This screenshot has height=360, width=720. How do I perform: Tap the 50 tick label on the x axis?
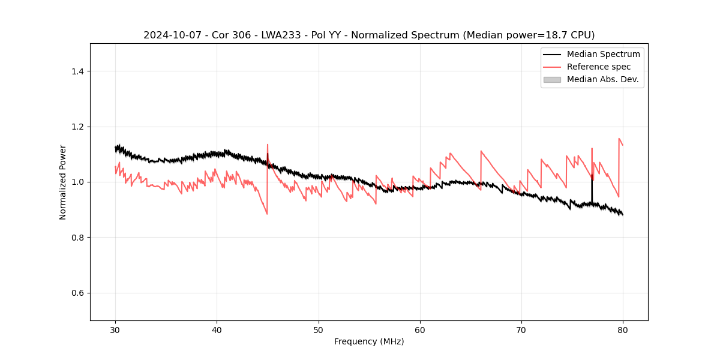pyautogui.click(x=319, y=330)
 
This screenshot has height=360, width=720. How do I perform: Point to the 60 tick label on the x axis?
pyautogui.click(x=420, y=330)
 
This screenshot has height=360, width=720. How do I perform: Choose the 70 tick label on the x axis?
pyautogui.click(x=521, y=330)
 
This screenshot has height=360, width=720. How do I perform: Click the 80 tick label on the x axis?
pyautogui.click(x=623, y=330)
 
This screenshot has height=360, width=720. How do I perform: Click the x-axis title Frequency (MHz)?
pyautogui.click(x=369, y=341)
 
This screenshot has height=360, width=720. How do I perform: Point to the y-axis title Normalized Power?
pyautogui.click(x=63, y=182)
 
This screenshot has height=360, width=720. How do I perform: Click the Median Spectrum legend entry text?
pyautogui.click(x=603, y=54)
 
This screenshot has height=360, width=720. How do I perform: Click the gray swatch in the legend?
pyautogui.click(x=552, y=79)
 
